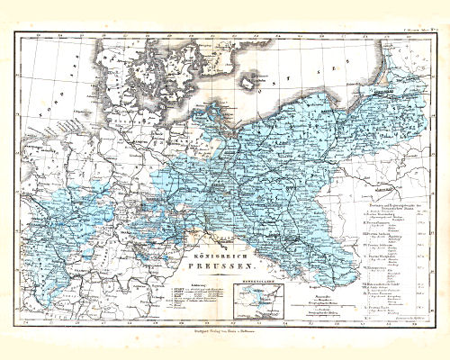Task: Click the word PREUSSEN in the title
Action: pos(224,267)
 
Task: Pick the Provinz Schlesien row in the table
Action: pos(378,255)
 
